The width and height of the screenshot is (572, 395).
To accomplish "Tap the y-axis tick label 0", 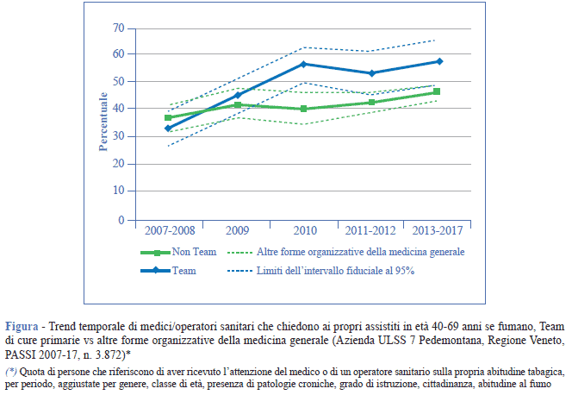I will pos(121,220).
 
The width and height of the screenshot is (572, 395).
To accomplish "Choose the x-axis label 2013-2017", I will pos(438,232).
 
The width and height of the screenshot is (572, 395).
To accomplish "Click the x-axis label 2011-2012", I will pos(370,232).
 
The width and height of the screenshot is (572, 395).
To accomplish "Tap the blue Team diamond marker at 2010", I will pos(302,64).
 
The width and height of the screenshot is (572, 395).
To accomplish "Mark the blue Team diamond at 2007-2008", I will pos(168,129).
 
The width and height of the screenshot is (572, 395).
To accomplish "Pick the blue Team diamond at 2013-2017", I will pos(438,61).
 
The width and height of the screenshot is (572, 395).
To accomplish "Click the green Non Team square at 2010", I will pos(302,109).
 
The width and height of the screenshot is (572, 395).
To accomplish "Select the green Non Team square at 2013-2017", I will pos(438,91).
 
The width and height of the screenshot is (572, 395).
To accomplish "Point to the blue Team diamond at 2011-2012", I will pos(370,73).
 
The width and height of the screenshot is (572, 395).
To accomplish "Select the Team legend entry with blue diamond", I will pos(183,271).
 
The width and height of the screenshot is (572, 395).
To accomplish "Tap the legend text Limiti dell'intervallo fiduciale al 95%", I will pos(335,271).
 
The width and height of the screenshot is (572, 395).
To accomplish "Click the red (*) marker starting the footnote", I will pos(12,371).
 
